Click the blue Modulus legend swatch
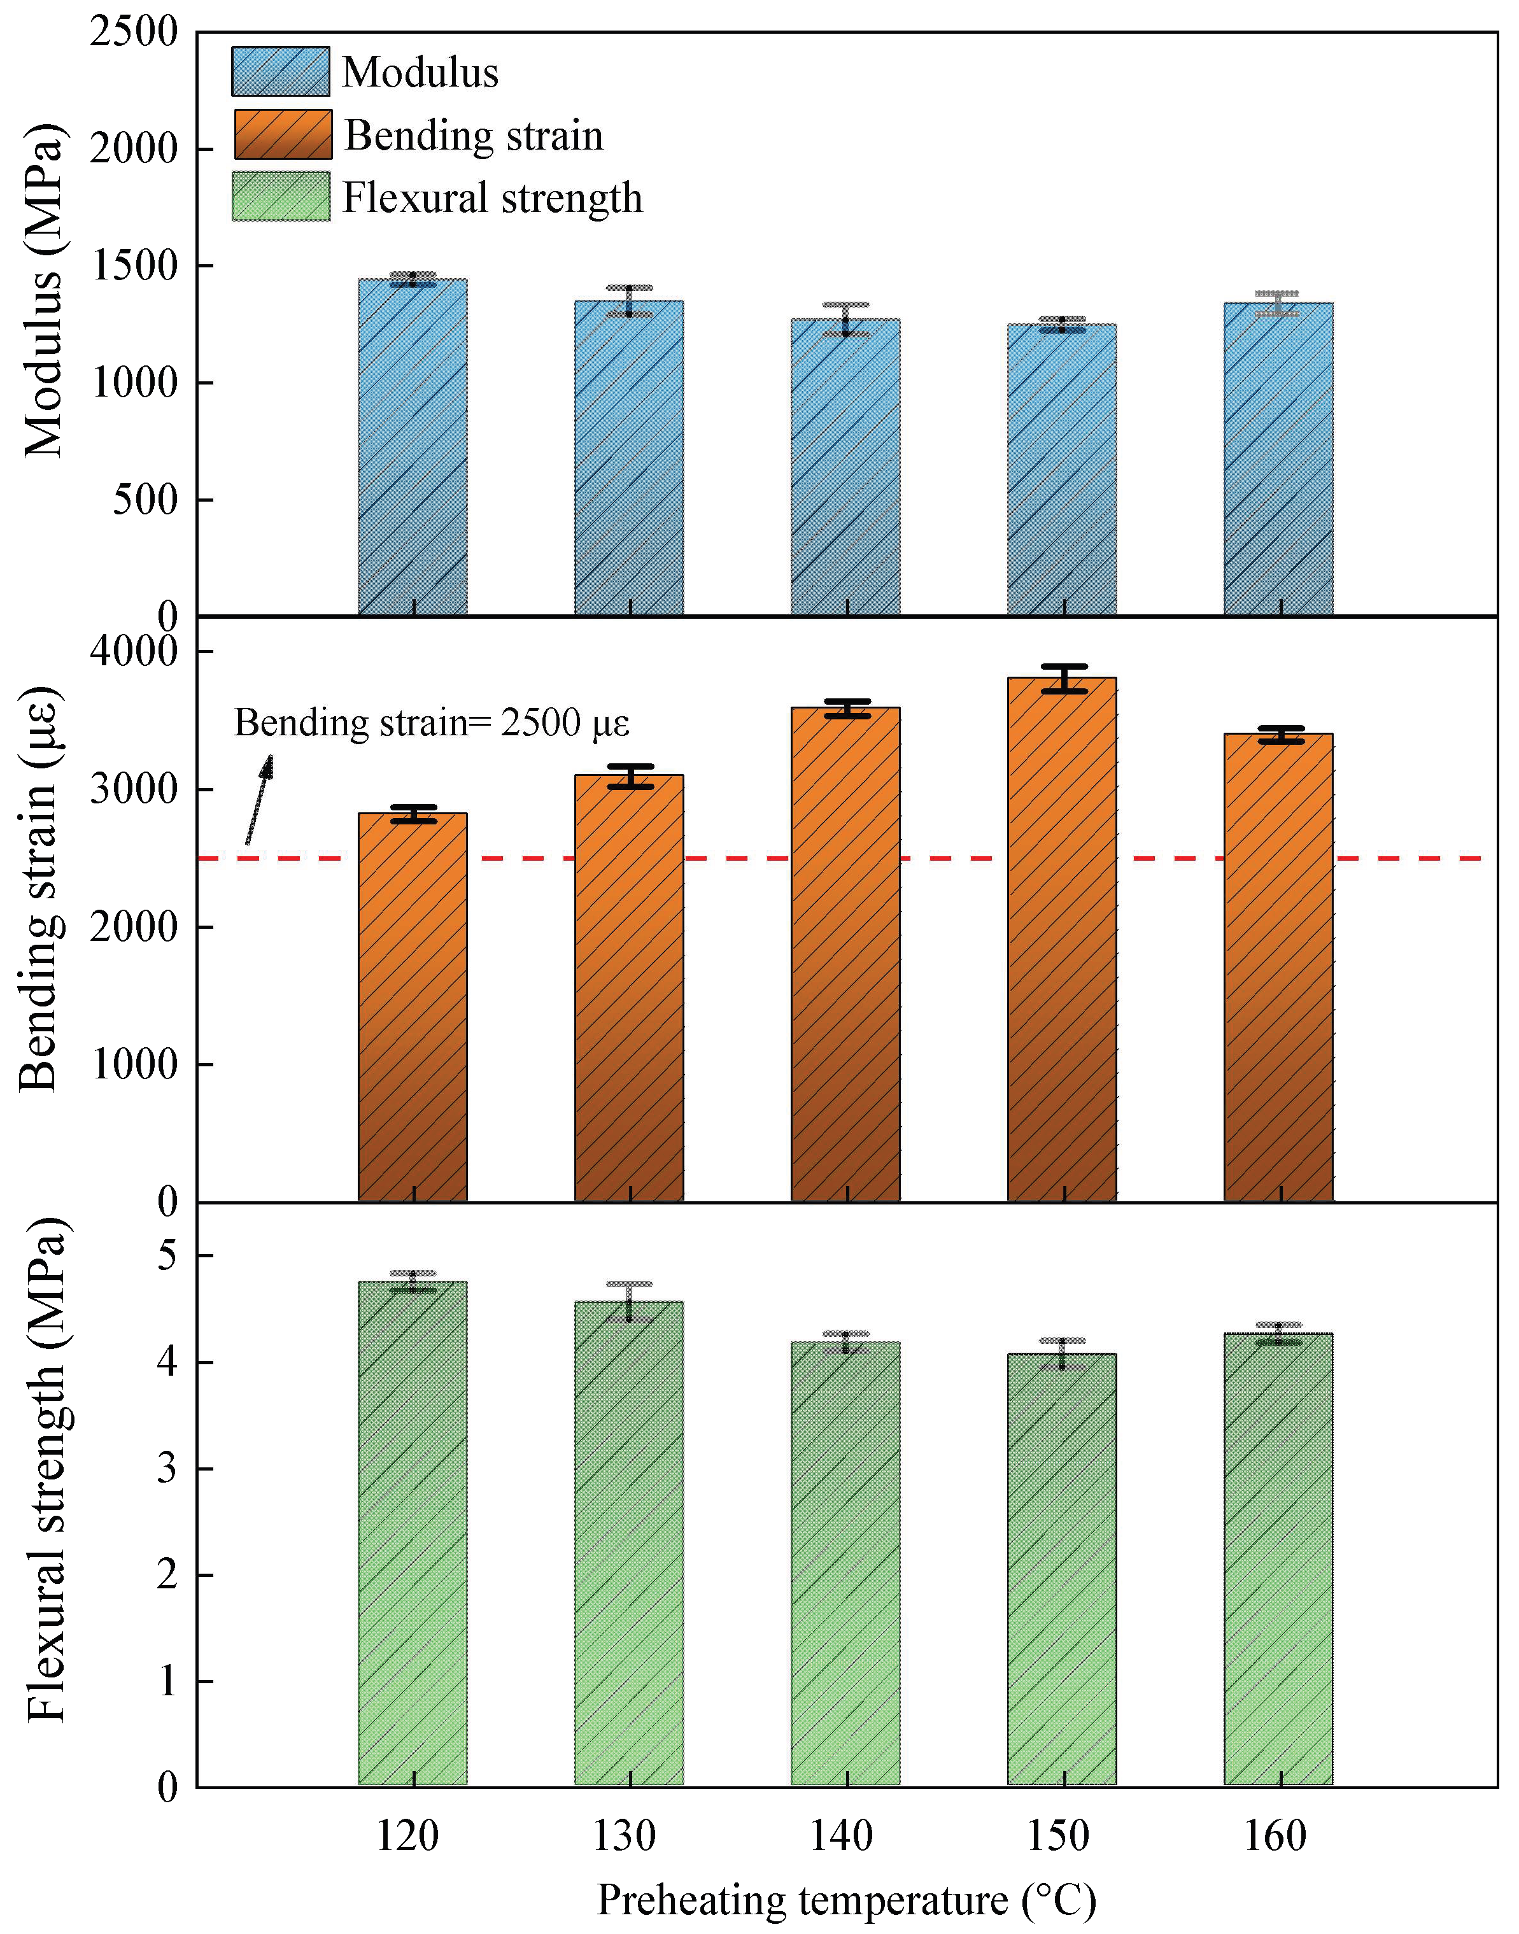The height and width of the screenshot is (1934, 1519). pyautogui.click(x=280, y=71)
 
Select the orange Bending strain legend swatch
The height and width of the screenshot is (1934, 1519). pyautogui.click(x=283, y=134)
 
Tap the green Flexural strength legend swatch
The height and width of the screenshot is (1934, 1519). pyautogui.click(x=281, y=197)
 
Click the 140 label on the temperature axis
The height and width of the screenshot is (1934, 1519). pyautogui.click(x=840, y=1836)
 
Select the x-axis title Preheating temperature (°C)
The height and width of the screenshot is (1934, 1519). pyautogui.click(x=846, y=1900)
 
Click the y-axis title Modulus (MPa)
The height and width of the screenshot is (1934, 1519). pyautogui.click(x=43, y=292)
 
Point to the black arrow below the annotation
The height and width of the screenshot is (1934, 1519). pyautogui.click(x=259, y=798)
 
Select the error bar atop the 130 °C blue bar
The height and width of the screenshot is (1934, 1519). pyautogui.click(x=630, y=300)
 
